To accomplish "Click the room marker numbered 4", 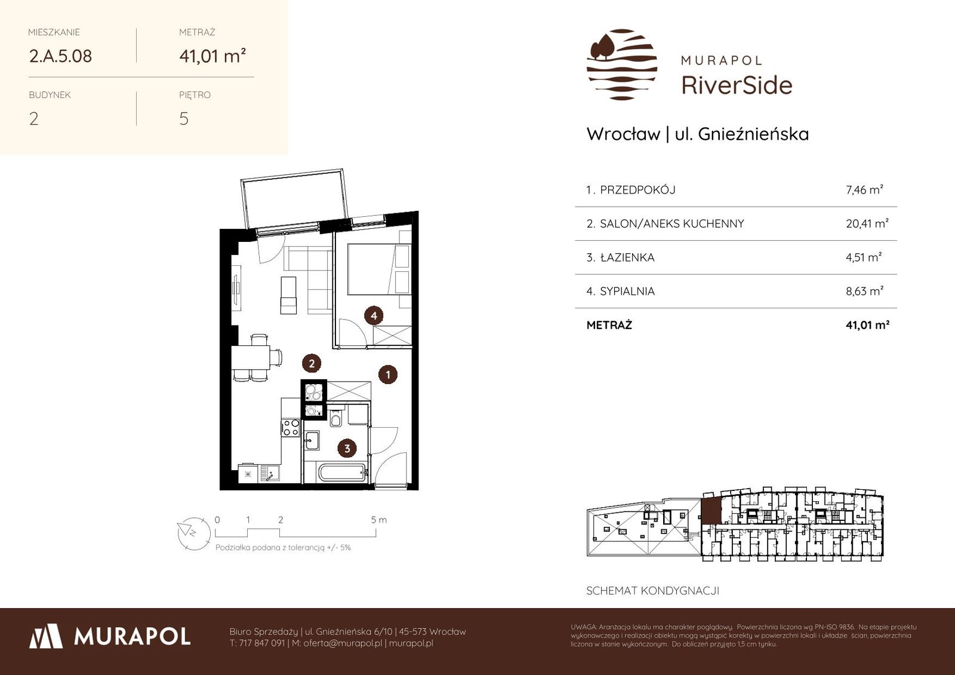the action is point(374,316).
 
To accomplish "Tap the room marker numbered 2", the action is point(311,364).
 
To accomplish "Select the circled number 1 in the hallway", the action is point(387,375).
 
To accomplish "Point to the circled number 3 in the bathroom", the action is point(347,449).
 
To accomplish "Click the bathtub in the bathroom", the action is point(343,473).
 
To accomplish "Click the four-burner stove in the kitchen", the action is point(291,428).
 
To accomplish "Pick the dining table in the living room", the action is point(251,358).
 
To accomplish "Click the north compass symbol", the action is point(194,533).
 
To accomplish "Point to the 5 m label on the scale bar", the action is point(378,520).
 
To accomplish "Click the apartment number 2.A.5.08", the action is point(60,56).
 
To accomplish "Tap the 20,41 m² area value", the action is point(867,223).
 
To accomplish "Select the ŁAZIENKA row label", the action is point(627,257).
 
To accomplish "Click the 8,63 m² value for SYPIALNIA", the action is point(865,291).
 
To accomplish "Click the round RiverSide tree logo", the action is point(621,65).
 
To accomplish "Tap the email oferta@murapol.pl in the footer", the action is point(343,643).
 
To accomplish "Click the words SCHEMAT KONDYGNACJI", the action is point(653,591).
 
